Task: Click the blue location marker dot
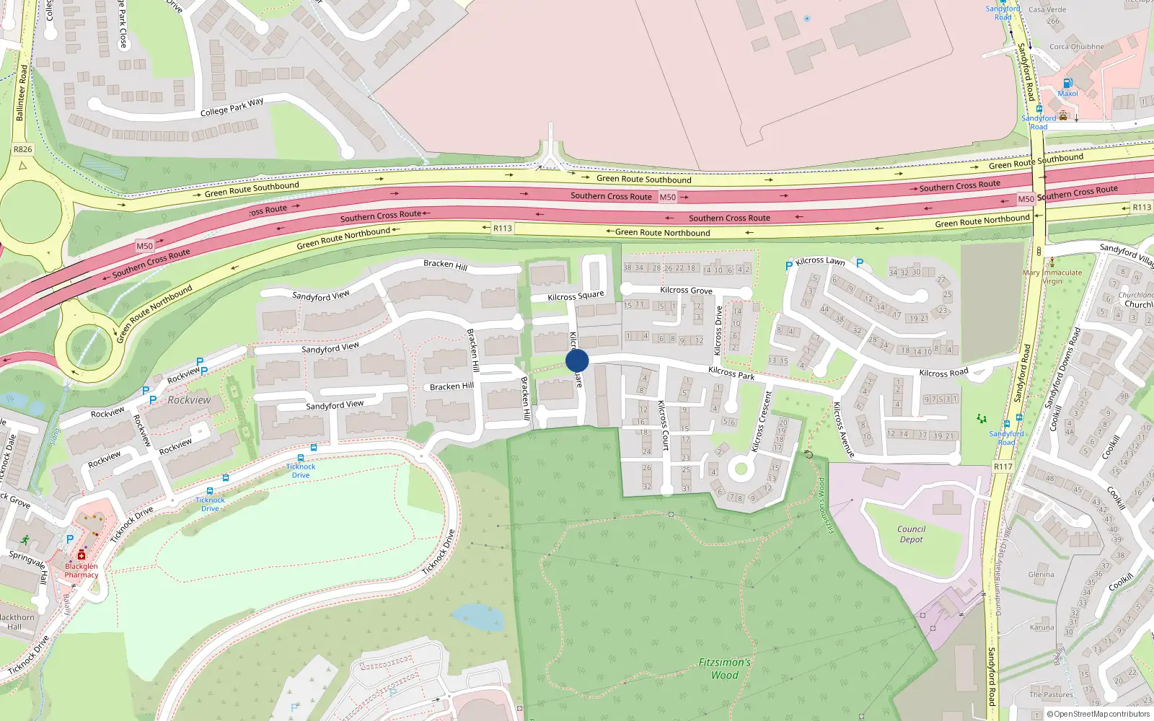click(x=577, y=360)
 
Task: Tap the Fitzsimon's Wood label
click(x=724, y=668)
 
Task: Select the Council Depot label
click(x=911, y=534)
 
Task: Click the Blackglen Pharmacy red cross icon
click(x=82, y=555)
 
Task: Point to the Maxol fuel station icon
click(x=1068, y=83)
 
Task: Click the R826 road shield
click(x=23, y=149)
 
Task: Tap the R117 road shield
click(x=1003, y=466)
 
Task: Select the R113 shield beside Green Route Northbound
click(x=503, y=228)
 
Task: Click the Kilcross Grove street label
click(x=686, y=290)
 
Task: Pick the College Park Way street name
click(x=232, y=107)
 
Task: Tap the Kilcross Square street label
click(x=576, y=296)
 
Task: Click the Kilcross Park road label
click(x=731, y=372)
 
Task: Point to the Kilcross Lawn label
click(x=820, y=261)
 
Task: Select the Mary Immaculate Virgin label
click(x=1052, y=277)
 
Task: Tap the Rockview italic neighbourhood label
click(x=189, y=400)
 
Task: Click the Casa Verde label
click(x=1047, y=9)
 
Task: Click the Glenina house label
click(x=1041, y=575)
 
